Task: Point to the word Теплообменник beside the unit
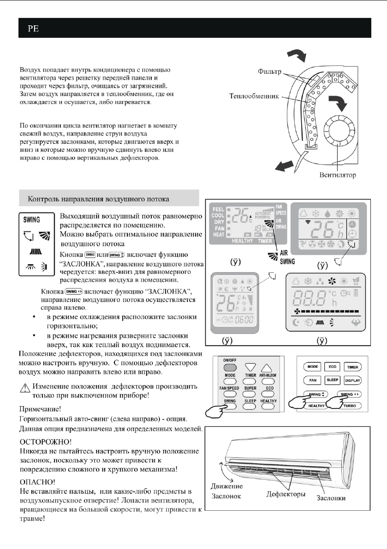(x=256, y=97)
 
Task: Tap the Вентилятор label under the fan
(x=333, y=175)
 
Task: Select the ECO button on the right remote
(x=331, y=367)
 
